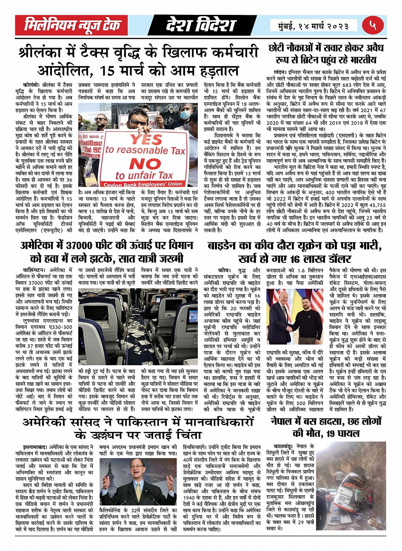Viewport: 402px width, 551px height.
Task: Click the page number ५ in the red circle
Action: pyautogui.click(x=373, y=26)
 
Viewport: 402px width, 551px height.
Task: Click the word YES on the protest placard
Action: pyautogui.click(x=146, y=139)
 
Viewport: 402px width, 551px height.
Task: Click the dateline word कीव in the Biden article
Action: pyautogui.click(x=223, y=270)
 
